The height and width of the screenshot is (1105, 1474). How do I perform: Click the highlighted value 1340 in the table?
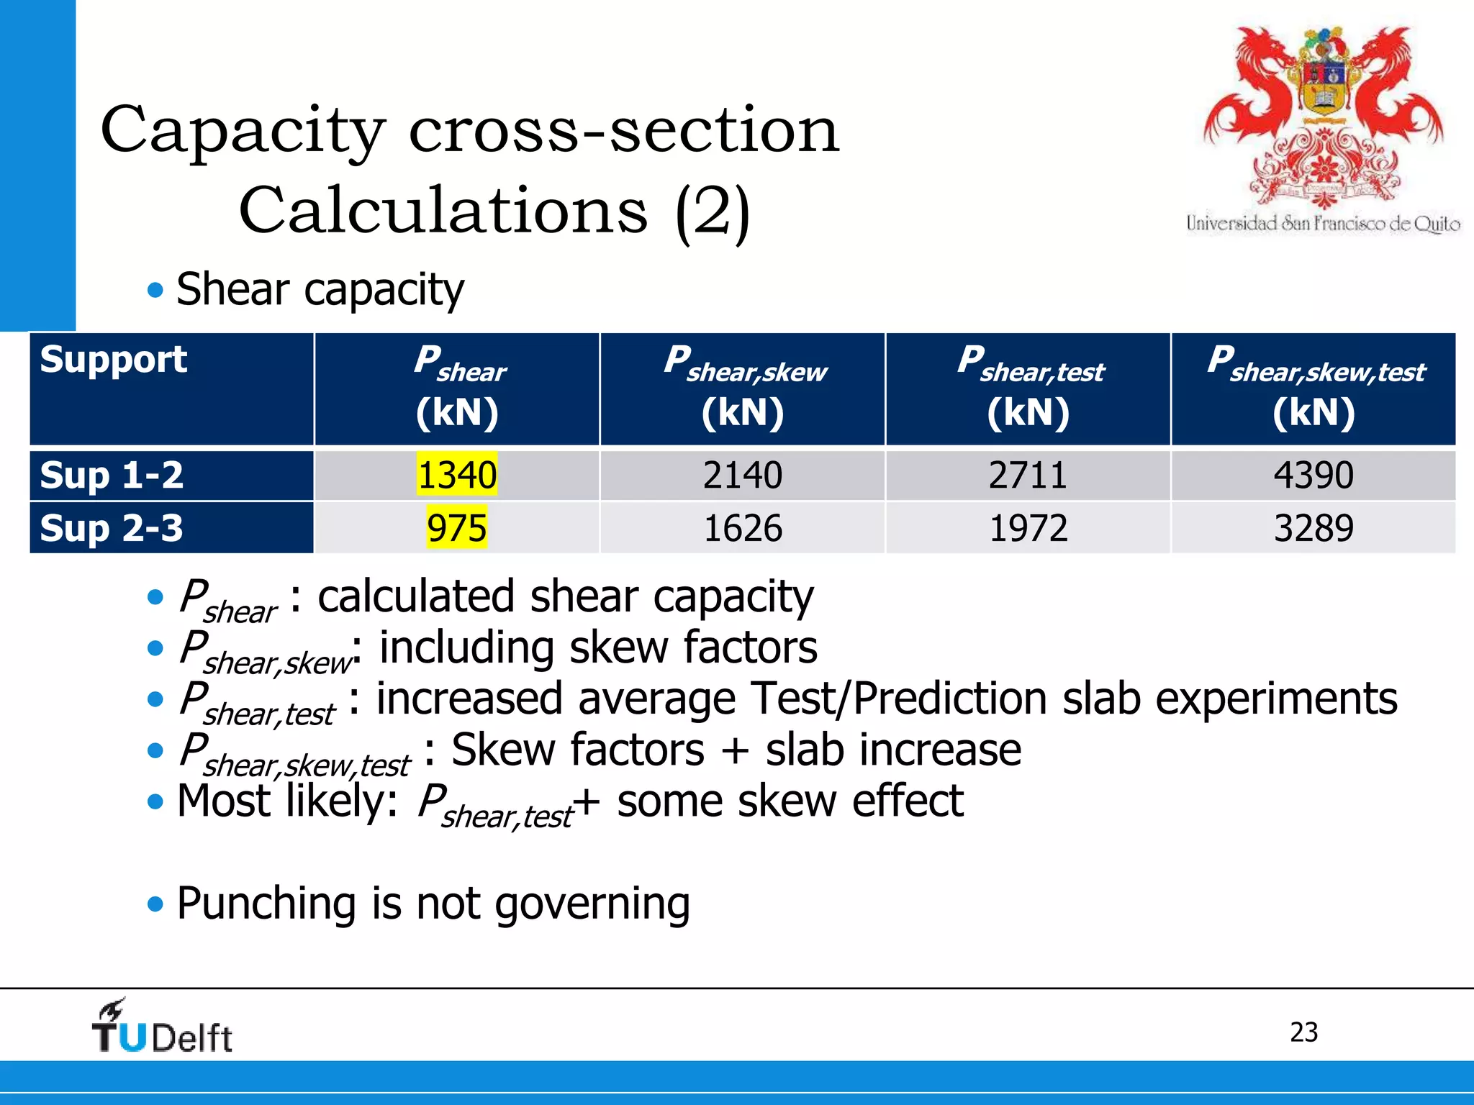coord(457,476)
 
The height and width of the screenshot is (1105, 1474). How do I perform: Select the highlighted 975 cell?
coord(456,528)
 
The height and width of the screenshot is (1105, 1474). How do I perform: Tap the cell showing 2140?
coord(742,476)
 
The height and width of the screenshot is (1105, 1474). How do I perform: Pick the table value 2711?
coord(1028,476)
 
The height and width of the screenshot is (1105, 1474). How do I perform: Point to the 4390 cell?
coord(1314,476)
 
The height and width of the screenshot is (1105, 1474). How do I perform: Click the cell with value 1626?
coord(742,528)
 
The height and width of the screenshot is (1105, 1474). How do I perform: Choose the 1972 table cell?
coord(1028,528)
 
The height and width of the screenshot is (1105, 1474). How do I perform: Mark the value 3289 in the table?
coord(1314,528)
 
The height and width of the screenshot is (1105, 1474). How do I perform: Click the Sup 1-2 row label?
coord(112,476)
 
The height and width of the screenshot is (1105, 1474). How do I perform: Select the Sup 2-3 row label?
coord(112,528)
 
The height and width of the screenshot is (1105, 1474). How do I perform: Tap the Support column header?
coord(113,360)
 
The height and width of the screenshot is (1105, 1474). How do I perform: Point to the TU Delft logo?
coord(162,1027)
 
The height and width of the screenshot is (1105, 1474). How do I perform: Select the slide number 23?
coord(1303,1032)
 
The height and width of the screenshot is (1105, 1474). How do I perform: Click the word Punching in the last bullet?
coord(266,904)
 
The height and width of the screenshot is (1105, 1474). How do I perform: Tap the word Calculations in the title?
coord(443,211)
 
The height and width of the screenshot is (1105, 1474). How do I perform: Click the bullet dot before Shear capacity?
coord(155,291)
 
